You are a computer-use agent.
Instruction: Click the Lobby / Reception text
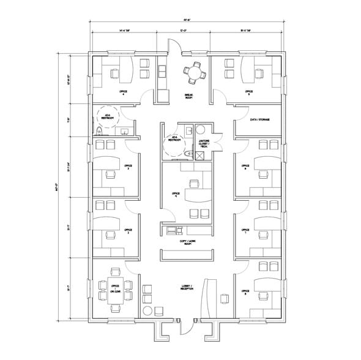coord(187,287)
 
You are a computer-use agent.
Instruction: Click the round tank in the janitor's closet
coord(200,130)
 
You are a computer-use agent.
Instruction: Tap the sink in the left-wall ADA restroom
coord(124,130)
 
